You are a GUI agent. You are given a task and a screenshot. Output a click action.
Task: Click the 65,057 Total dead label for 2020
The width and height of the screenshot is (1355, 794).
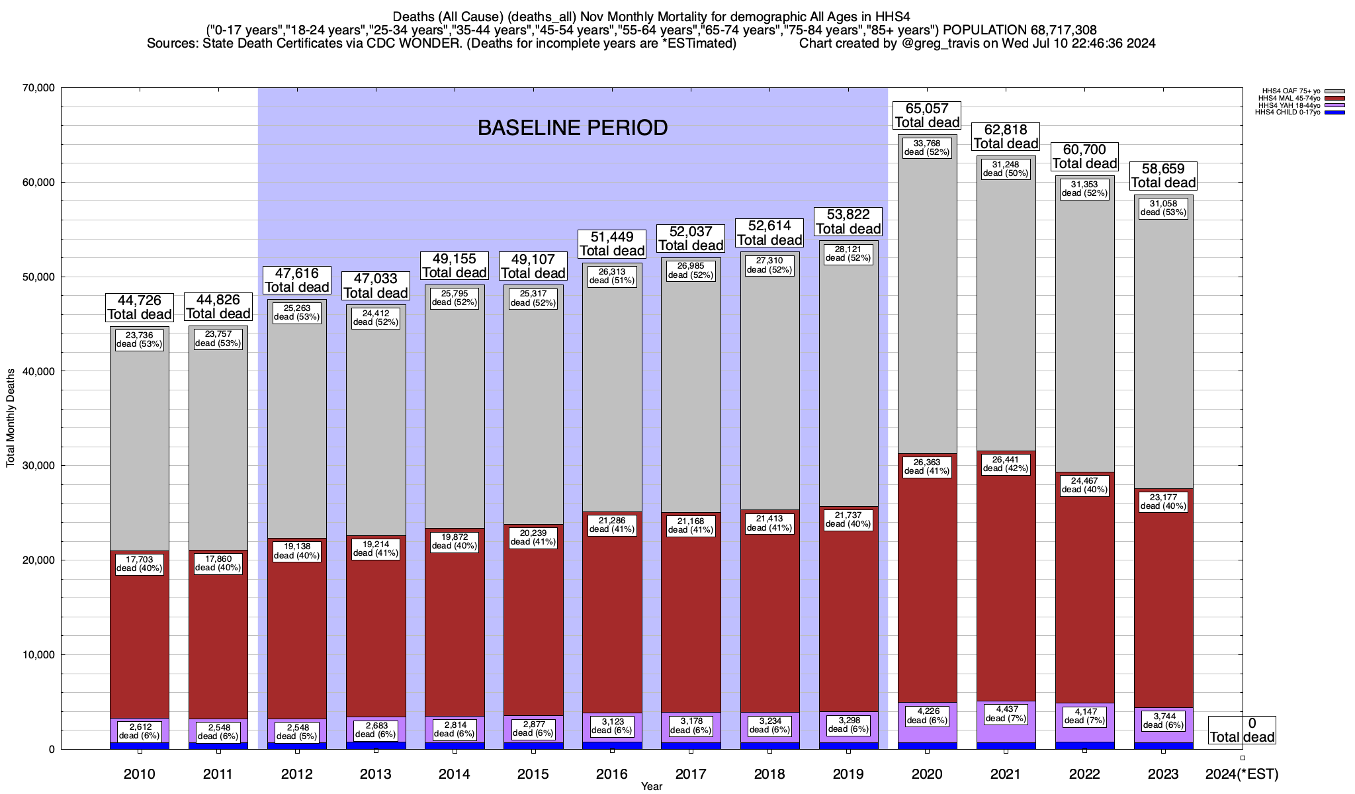[927, 116]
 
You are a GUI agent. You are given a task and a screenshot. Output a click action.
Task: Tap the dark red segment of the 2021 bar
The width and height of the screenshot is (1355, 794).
[1006, 582]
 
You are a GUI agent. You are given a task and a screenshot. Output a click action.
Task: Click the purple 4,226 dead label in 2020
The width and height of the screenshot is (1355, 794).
[927, 716]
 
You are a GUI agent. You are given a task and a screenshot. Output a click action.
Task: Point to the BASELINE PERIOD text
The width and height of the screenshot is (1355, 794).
[572, 128]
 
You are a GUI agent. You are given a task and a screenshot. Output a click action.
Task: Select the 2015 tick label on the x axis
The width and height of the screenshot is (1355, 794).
[533, 774]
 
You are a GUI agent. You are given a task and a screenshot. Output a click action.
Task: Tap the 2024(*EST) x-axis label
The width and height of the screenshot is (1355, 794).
[1242, 774]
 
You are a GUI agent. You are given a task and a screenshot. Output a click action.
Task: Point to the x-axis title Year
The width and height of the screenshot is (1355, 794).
[652, 787]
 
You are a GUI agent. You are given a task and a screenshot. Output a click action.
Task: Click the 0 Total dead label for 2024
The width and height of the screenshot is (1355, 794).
[1242, 730]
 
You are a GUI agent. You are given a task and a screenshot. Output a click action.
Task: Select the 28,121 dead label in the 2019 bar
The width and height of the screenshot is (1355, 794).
[848, 253]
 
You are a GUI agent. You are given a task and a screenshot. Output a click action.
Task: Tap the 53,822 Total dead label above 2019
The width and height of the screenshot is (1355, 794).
[848, 222]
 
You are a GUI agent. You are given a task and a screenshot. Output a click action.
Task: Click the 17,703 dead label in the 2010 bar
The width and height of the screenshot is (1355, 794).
[140, 564]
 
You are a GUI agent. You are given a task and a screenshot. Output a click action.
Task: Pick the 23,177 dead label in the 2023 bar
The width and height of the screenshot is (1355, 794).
[1163, 502]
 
